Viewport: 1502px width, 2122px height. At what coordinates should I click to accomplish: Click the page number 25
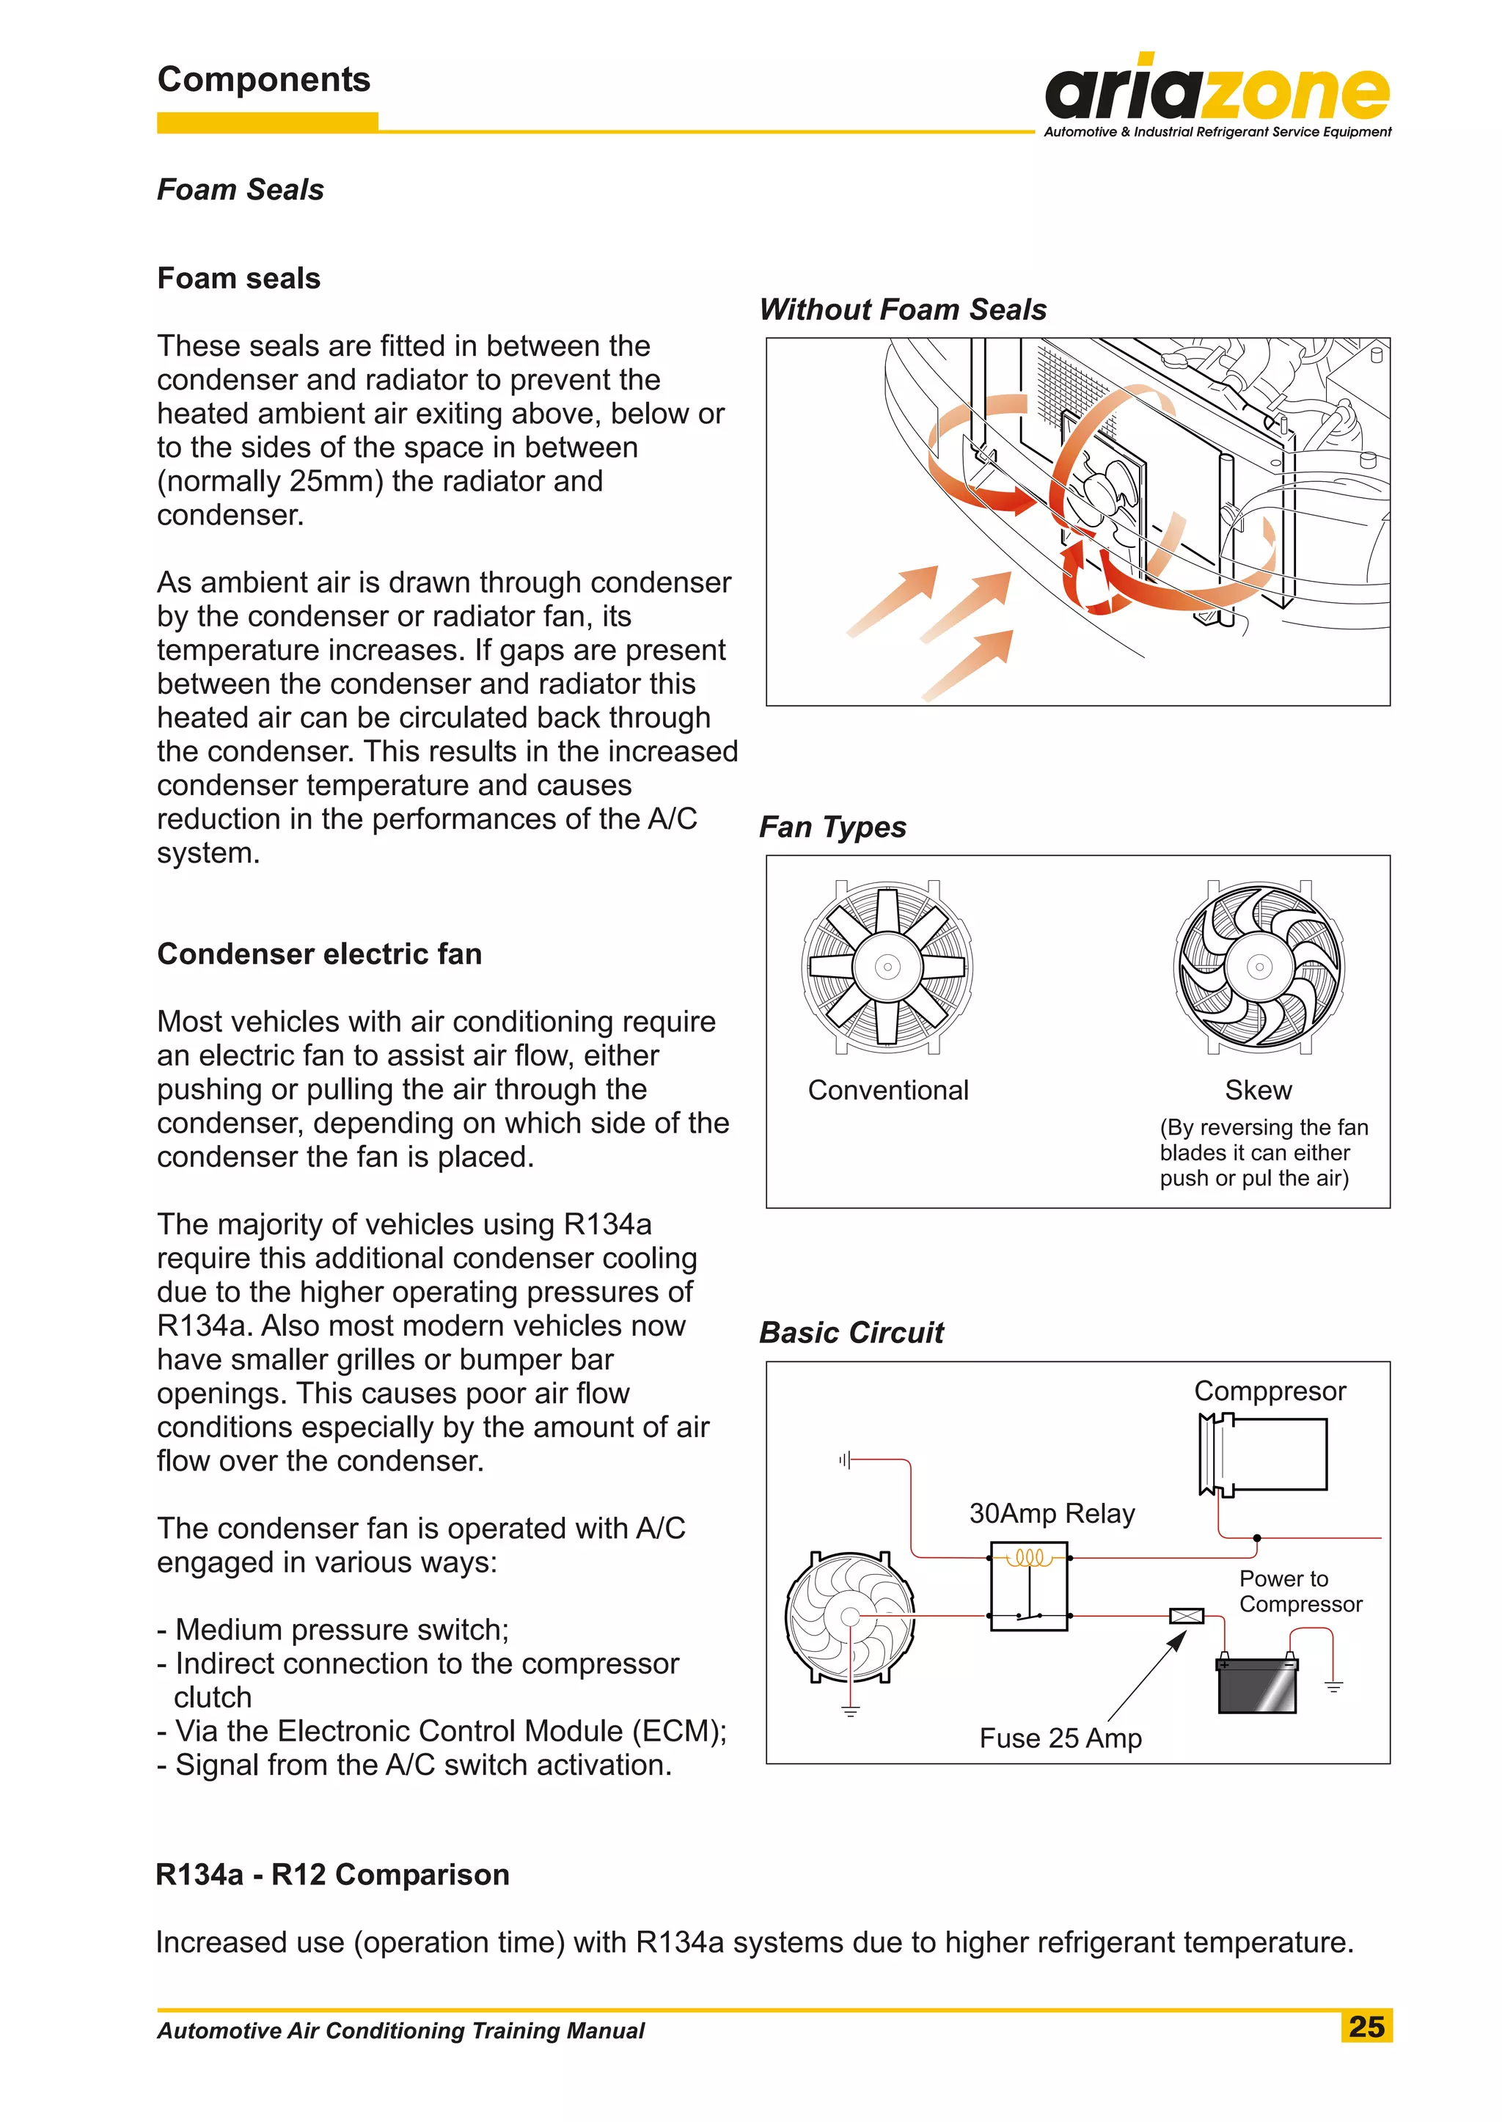tap(1366, 2027)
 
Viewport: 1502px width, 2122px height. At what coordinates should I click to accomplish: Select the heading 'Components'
tap(263, 79)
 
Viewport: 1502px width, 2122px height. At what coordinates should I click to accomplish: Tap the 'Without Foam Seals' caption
tap(903, 309)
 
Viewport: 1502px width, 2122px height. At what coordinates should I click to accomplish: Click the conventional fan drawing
tap(887, 967)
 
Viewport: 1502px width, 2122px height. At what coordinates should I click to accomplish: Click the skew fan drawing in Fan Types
tap(1259, 967)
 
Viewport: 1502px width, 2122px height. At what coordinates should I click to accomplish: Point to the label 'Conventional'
tap(888, 1090)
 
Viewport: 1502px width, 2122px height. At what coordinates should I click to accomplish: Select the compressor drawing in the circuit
tap(1264, 1455)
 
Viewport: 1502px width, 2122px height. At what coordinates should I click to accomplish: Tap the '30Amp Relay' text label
tap(1052, 1513)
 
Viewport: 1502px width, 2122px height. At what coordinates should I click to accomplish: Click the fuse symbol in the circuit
tap(1187, 1615)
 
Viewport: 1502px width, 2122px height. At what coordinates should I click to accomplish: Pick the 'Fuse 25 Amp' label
tap(1060, 1738)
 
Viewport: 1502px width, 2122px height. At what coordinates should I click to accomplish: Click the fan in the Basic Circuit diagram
tap(849, 1617)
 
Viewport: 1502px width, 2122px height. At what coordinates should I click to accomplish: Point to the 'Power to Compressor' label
tap(1300, 1591)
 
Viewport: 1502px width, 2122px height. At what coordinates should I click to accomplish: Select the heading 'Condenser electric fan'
tap(319, 954)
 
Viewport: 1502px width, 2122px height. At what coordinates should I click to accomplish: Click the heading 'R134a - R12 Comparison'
tap(332, 1874)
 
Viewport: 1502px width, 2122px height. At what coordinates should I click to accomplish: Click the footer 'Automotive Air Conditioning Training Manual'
tap(400, 2030)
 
